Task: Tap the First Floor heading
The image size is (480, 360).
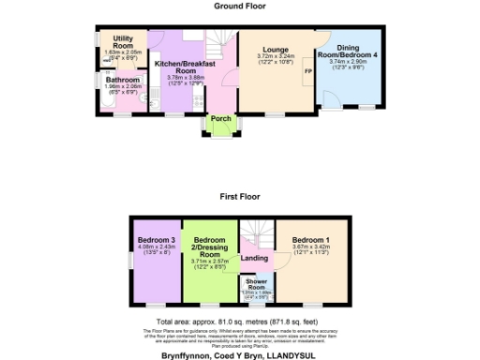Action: (x=240, y=198)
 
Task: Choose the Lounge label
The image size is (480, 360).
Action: (x=276, y=49)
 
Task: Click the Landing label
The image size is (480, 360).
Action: (x=254, y=259)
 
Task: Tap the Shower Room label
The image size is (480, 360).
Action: (x=255, y=283)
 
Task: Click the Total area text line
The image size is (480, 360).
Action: (x=240, y=322)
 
